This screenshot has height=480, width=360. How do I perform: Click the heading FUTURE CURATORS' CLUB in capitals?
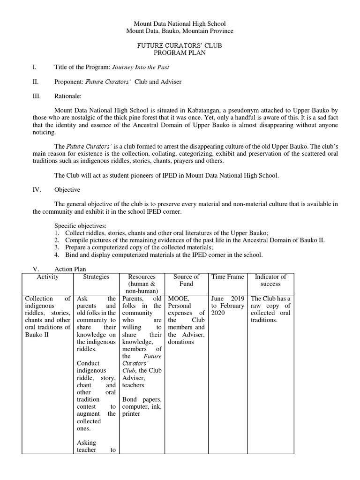click(x=180, y=45)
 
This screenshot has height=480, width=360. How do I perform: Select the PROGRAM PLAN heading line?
click(x=180, y=53)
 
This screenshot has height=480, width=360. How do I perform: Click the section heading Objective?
click(x=67, y=190)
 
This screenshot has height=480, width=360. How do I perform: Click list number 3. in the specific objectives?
click(x=56, y=247)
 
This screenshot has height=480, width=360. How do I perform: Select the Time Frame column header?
click(x=228, y=277)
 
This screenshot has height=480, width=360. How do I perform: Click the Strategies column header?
click(x=96, y=277)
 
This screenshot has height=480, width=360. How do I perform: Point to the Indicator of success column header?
click(x=270, y=280)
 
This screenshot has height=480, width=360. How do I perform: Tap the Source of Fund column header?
click(x=186, y=280)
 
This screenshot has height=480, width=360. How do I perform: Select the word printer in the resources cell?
click(x=131, y=414)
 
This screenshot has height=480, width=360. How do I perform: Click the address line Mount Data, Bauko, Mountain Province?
click(x=180, y=31)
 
